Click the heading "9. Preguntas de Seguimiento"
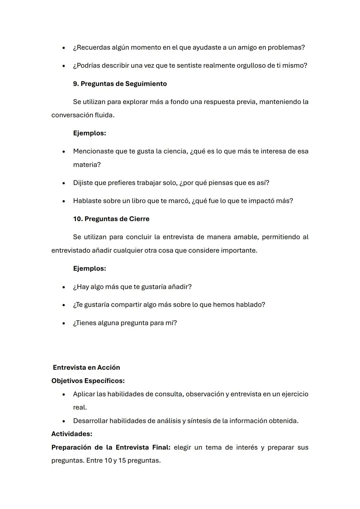120,84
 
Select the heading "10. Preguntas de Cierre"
111,219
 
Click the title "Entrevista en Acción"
86,367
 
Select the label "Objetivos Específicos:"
88,381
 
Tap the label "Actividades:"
72,434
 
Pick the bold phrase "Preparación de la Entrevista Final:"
111,447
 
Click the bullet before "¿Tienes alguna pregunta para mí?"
63,323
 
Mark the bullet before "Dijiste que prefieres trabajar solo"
63,183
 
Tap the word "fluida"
104,115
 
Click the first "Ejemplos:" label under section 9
89,133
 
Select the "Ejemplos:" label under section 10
89,269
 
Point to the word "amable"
244,237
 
